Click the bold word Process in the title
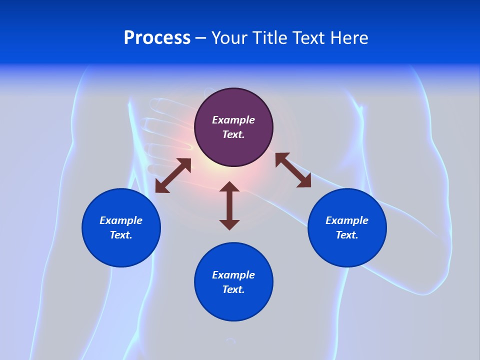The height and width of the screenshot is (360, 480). click(x=157, y=38)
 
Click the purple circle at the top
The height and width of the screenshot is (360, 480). click(x=233, y=127)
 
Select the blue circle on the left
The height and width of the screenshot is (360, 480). click(x=121, y=227)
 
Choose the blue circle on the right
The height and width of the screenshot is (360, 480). click(x=347, y=227)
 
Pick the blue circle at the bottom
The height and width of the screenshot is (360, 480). click(x=233, y=281)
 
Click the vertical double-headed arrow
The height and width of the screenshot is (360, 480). click(x=229, y=205)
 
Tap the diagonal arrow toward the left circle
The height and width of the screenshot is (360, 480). click(x=173, y=175)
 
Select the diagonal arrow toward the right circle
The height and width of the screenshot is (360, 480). click(x=293, y=170)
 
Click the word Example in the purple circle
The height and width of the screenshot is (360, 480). click(x=233, y=120)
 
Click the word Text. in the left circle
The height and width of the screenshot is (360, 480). click(x=121, y=235)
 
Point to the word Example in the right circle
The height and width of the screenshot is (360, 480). click(x=347, y=220)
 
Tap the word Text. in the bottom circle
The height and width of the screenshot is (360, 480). click(x=233, y=289)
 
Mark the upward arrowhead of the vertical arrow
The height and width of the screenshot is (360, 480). click(x=229, y=186)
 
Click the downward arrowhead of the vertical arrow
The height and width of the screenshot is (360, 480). click(x=229, y=225)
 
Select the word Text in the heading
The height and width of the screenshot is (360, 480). click(x=309, y=38)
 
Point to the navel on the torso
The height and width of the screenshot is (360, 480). click(x=230, y=340)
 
